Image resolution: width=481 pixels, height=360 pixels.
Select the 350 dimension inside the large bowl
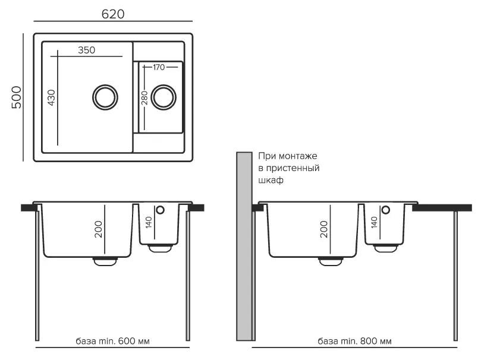click(x=86, y=50)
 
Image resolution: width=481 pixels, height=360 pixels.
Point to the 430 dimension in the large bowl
click(x=51, y=97)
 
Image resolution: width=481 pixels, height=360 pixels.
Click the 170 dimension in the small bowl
click(x=158, y=67)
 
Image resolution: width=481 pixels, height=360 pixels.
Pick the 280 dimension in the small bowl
click(x=144, y=97)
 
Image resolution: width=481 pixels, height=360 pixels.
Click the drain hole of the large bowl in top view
click(x=105, y=96)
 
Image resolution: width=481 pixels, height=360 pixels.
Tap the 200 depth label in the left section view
click(x=99, y=229)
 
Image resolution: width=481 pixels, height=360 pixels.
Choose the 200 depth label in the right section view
click(x=324, y=229)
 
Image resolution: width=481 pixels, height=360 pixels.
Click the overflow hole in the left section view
click(x=159, y=210)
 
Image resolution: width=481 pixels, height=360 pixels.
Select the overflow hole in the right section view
click(x=385, y=210)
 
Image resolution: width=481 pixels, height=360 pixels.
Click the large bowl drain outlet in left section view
click(x=105, y=260)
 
